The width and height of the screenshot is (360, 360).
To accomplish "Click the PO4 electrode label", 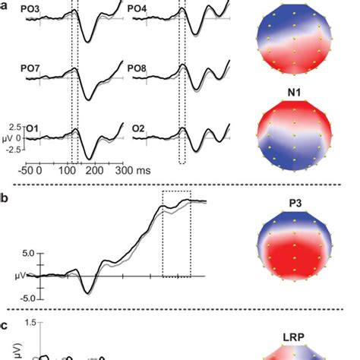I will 137,10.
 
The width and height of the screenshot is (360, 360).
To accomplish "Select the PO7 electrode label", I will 30,69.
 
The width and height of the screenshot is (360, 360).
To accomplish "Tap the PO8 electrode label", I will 137,69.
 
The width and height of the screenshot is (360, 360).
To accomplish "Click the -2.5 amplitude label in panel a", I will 11,150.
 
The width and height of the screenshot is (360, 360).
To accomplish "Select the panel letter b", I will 5,199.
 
